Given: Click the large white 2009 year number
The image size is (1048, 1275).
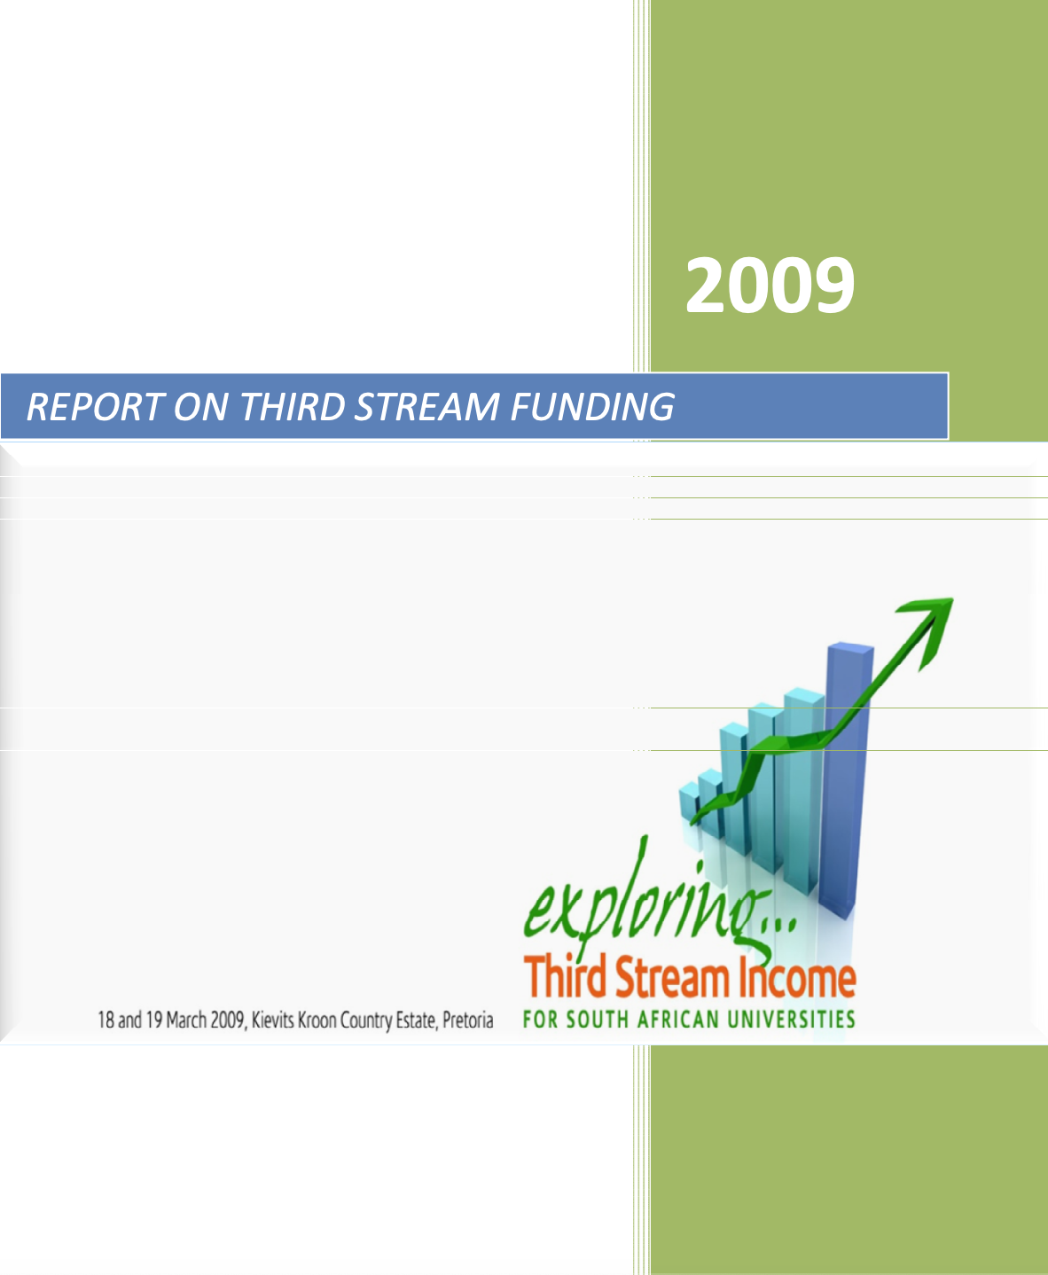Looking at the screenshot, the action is point(770,285).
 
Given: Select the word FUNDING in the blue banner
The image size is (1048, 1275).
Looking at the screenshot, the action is point(592,406).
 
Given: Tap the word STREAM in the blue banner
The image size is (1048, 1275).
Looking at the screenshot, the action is point(427,406).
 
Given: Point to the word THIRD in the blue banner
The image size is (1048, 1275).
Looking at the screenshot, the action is point(293,406).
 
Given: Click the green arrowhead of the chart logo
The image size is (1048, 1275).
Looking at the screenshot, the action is point(928,629).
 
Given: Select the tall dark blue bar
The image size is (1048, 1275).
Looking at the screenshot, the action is point(846,780).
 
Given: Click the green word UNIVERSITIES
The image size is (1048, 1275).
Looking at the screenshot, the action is point(791,1020).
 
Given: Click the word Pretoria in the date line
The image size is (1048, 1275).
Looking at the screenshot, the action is point(467,1020).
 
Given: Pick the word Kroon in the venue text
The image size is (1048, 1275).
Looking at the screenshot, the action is point(317,1020).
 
